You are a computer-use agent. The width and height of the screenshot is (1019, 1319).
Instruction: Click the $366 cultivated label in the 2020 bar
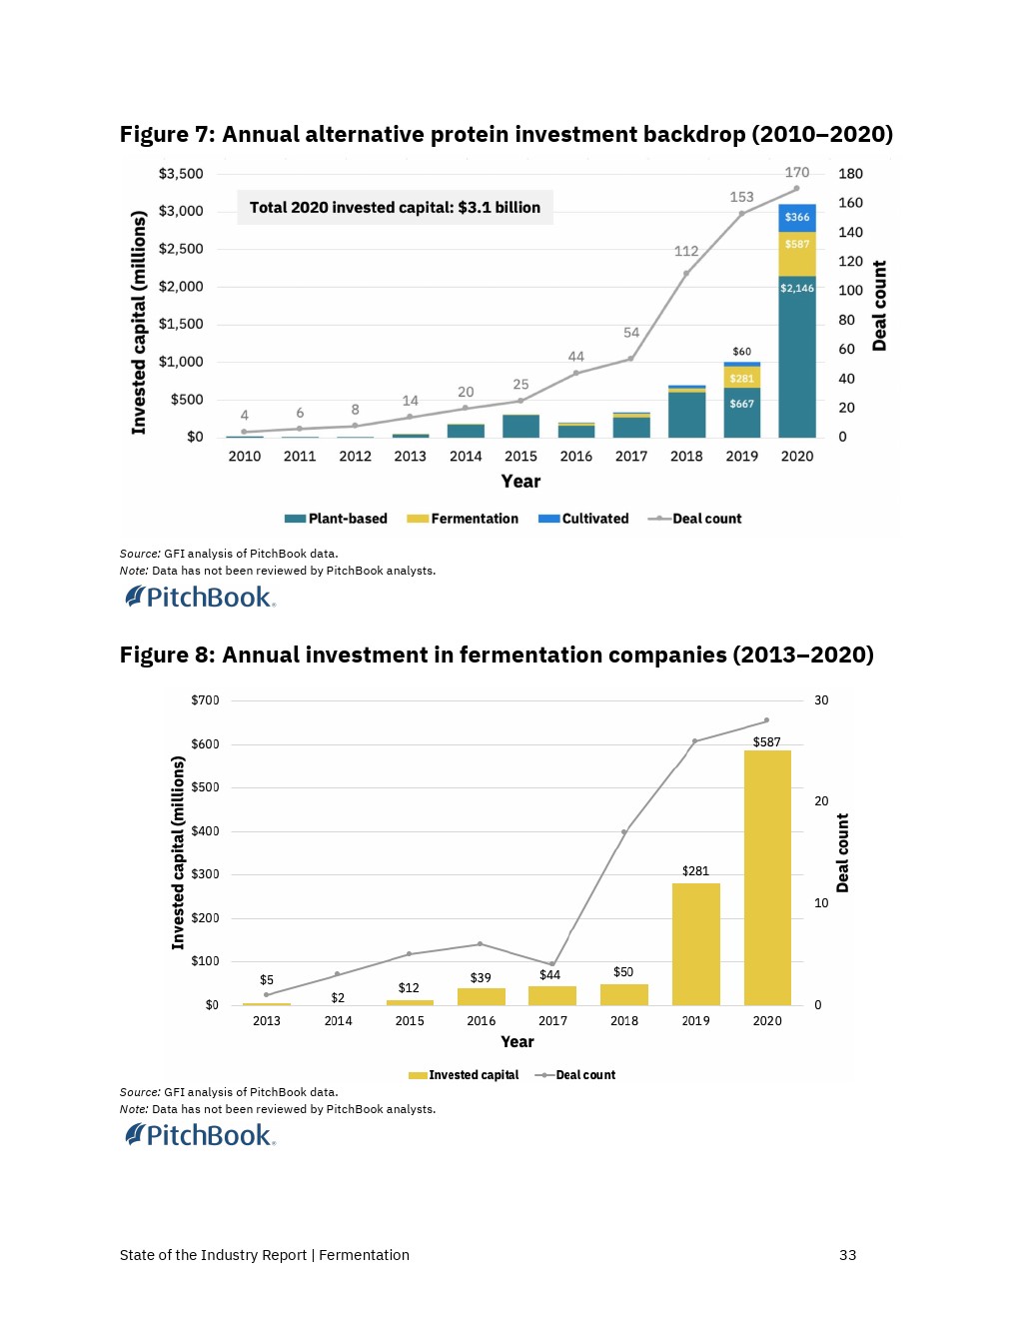point(797,217)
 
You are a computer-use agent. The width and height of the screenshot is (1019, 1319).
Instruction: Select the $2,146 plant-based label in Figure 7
point(797,288)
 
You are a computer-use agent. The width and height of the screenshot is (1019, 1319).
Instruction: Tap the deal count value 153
point(741,197)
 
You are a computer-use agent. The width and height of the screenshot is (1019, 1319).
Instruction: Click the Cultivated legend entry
point(583,519)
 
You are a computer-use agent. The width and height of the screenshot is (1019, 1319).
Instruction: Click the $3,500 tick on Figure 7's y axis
point(181,174)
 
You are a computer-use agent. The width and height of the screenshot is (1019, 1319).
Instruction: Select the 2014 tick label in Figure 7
point(466,456)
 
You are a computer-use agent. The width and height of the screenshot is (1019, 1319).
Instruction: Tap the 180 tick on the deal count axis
point(850,174)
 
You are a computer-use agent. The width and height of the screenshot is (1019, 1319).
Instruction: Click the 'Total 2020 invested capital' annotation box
point(395,208)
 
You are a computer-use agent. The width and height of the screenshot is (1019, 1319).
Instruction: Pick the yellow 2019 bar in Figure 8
point(695,943)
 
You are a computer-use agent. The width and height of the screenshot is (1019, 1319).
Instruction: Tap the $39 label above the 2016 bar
point(481,977)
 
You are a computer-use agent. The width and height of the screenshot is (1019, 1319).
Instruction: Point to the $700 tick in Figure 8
point(205,700)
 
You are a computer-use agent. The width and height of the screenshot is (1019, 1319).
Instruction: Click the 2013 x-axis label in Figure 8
point(267,1020)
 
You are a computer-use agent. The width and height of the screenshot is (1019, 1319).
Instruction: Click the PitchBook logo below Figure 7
point(200,598)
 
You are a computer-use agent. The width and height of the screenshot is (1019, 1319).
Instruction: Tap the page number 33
point(847,1255)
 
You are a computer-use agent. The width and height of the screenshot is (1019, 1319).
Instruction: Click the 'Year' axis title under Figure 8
point(517,1041)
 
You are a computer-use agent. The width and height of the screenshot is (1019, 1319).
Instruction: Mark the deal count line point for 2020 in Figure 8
point(766,720)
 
